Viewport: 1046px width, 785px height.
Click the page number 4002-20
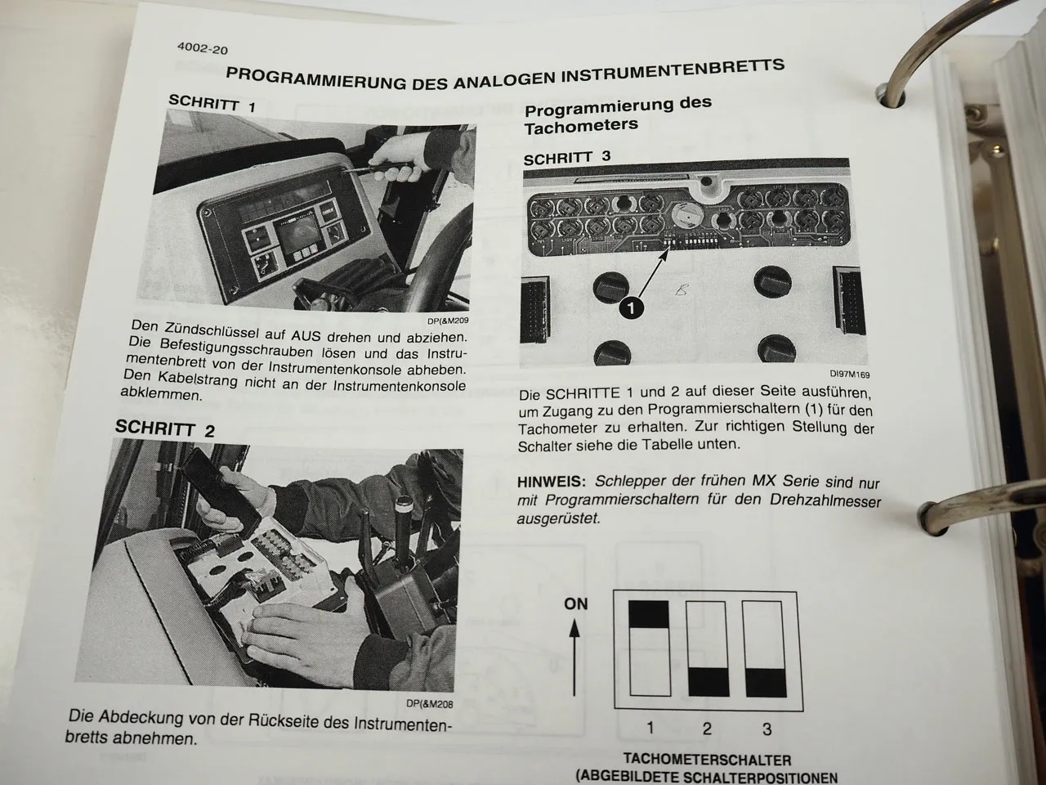click(x=202, y=48)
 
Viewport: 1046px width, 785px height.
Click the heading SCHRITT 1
click(x=212, y=103)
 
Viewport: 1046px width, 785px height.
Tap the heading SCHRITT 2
click(x=164, y=428)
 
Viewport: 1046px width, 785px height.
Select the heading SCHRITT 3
click(x=566, y=157)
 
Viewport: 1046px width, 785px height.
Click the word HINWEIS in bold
click(x=552, y=482)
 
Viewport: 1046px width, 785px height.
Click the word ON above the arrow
click(x=575, y=603)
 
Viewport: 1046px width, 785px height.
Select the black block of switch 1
click(x=648, y=614)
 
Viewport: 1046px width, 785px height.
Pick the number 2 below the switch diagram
click(x=707, y=729)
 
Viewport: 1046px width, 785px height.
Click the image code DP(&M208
click(x=428, y=702)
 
